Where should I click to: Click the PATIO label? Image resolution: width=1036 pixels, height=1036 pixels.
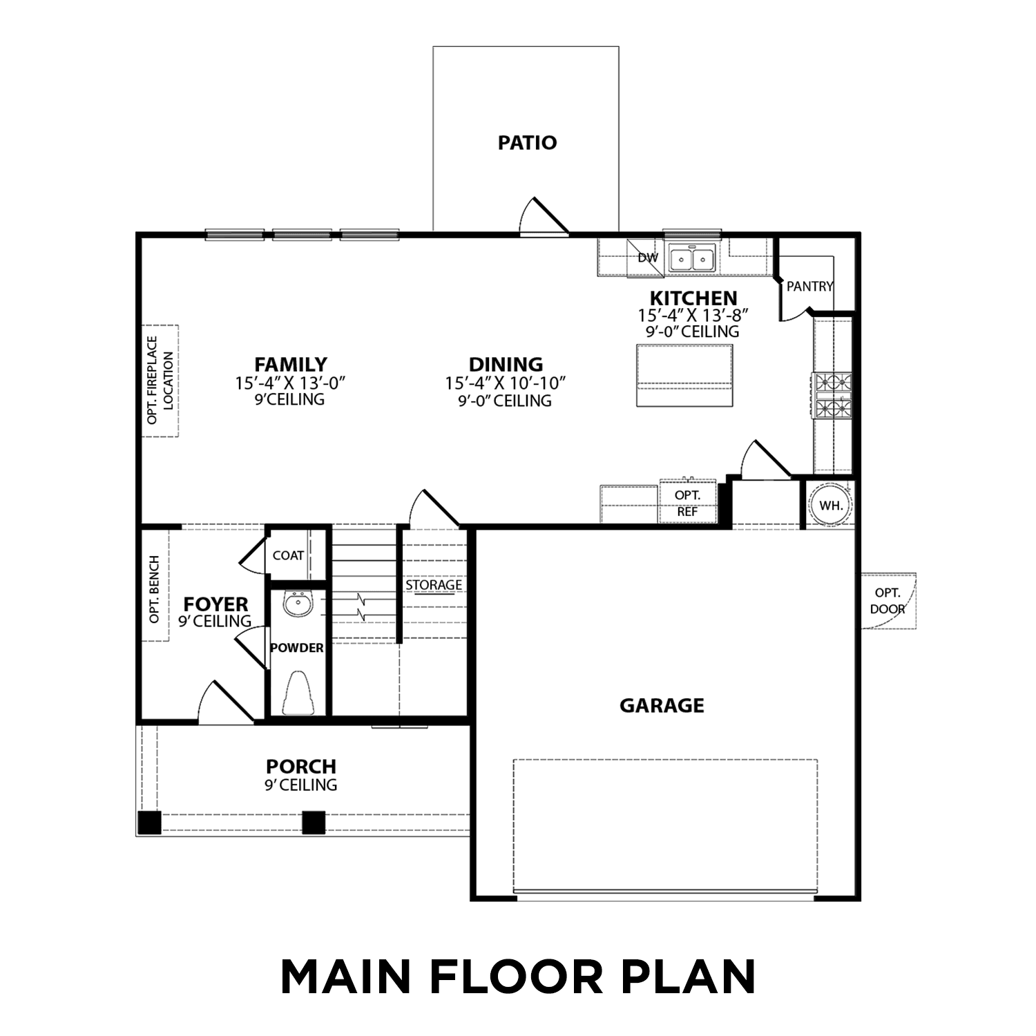tap(527, 143)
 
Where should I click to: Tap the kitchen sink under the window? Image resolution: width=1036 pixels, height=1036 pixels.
tap(691, 260)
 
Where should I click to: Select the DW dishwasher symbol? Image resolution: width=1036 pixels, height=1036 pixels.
tap(646, 258)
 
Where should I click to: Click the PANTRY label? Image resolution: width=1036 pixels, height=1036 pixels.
tap(809, 286)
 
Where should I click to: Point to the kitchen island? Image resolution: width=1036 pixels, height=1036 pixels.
tap(684, 375)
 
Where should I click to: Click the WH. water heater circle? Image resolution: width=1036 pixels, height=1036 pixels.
tap(830, 506)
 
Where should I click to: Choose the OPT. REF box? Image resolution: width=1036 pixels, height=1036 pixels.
tap(687, 503)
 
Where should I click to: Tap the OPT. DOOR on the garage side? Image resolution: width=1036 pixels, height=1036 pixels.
tap(888, 601)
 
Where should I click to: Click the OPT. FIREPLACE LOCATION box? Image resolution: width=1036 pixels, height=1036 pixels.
tap(160, 381)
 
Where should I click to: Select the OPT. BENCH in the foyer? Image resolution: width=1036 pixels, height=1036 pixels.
tap(155, 589)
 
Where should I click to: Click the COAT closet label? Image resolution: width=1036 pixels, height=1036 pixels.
tap(288, 555)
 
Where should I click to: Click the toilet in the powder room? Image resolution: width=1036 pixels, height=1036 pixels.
tap(298, 693)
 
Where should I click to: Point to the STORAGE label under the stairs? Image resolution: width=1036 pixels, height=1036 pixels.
tap(433, 585)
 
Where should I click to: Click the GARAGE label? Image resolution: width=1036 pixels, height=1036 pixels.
tap(661, 705)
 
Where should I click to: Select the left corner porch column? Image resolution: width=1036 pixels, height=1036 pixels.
tap(149, 822)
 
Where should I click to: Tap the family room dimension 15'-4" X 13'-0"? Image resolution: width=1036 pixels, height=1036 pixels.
tap(290, 383)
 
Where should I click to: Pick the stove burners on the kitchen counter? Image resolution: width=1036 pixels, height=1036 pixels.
tap(833, 394)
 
